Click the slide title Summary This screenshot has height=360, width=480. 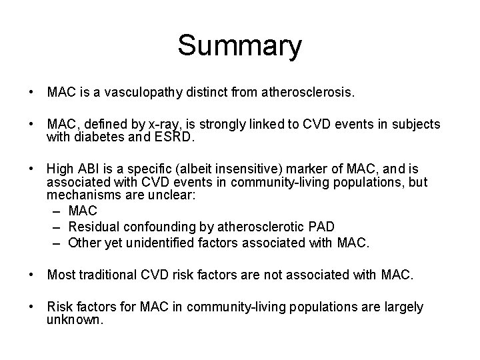pos(239,46)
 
